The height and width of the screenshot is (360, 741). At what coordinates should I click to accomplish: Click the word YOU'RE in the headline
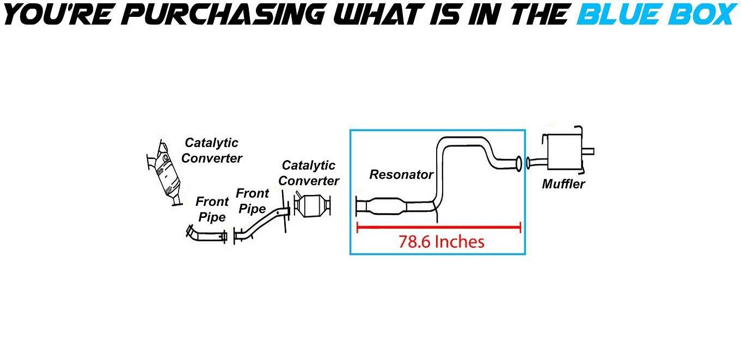click(x=57, y=14)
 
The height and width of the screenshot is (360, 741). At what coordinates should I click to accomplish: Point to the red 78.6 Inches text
click(x=441, y=241)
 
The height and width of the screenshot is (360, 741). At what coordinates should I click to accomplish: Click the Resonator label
click(x=401, y=175)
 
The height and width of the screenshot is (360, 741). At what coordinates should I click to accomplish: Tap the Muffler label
click(x=563, y=184)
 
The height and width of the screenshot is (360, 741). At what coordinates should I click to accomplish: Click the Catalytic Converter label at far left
click(x=212, y=150)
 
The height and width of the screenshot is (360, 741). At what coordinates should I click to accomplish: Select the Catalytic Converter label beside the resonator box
click(x=308, y=173)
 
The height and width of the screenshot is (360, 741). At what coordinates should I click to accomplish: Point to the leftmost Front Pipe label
click(x=212, y=209)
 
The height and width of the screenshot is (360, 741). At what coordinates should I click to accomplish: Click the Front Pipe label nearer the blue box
click(x=252, y=200)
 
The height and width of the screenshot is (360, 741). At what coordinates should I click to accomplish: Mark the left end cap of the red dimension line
click(x=357, y=227)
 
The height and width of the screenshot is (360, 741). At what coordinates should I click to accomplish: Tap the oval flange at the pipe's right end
click(x=518, y=162)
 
